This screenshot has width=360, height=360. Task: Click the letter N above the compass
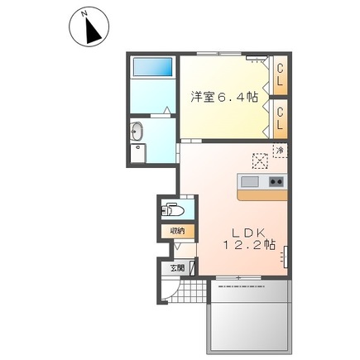[x=84, y=13]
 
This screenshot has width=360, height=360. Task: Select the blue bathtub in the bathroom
[x=152, y=66]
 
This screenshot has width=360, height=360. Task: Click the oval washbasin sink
[x=136, y=132]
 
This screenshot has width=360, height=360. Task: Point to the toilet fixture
[x=173, y=210]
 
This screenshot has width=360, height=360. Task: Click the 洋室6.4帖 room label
[x=224, y=97]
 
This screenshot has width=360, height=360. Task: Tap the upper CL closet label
[x=280, y=75]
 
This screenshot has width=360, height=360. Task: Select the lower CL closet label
[x=280, y=119]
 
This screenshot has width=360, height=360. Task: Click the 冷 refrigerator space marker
[x=280, y=151]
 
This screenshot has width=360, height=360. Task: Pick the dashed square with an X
[x=260, y=161]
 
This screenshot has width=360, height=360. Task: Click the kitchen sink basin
[x=250, y=182]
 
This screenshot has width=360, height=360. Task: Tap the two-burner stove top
[x=276, y=182]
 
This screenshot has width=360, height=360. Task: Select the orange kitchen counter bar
[x=262, y=194]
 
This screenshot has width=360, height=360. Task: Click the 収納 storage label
[x=178, y=231]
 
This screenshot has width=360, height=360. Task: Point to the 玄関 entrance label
[x=178, y=268]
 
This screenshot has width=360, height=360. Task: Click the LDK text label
[x=247, y=233]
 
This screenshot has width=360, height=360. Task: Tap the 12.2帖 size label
[x=249, y=245]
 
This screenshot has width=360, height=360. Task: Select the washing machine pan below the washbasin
[x=137, y=153]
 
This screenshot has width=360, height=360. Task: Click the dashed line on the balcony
[x=241, y=286]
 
